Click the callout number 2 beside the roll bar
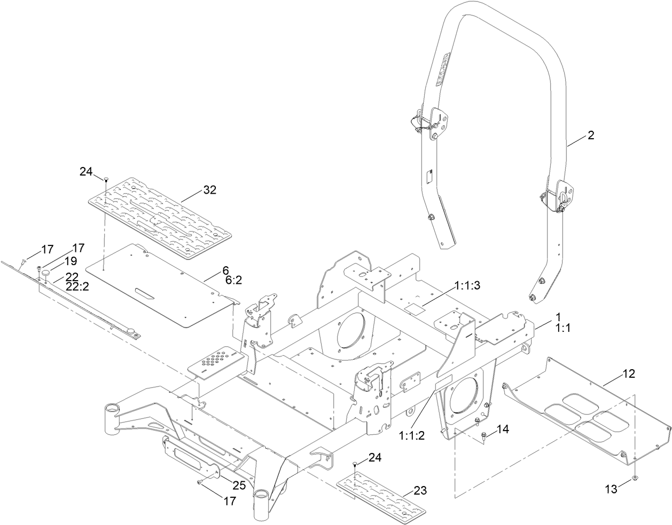tap(590, 136)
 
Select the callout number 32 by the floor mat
tap(209, 190)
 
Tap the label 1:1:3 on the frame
tap(467, 286)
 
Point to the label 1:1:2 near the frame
tap(411, 435)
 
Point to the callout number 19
tap(71, 261)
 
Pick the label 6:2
tap(232, 280)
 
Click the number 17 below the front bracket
tap(229, 501)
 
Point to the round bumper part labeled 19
tap(46, 273)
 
